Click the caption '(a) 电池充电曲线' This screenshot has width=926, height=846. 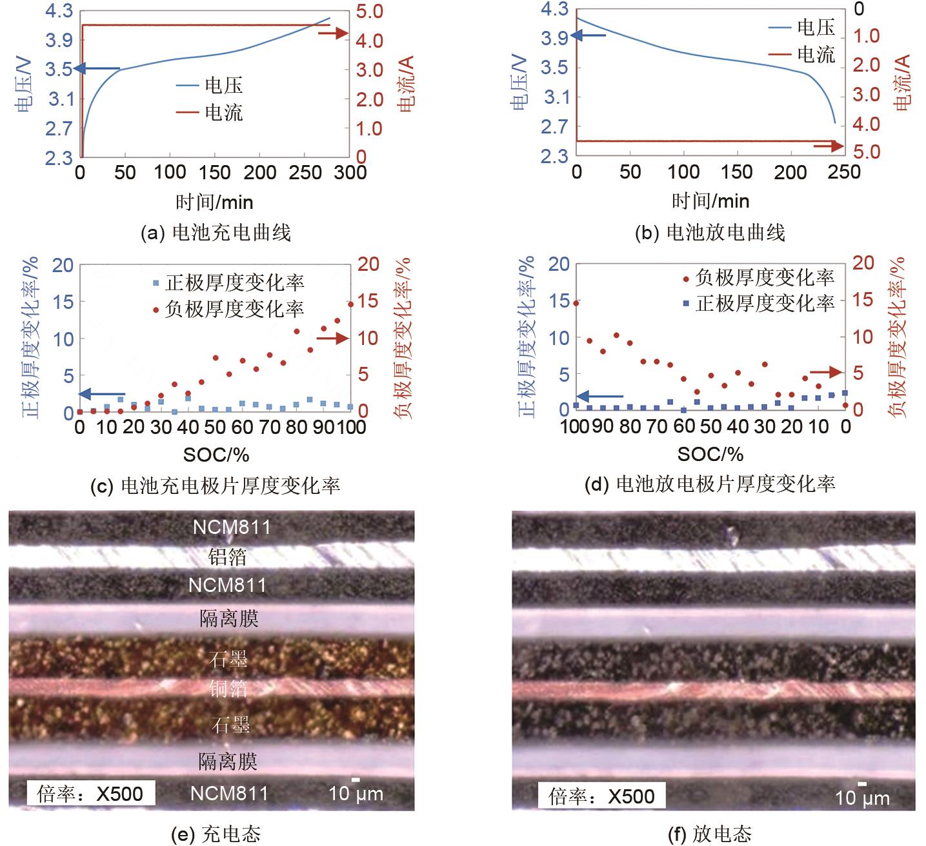click(216, 232)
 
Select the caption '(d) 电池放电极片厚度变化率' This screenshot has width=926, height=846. click(709, 483)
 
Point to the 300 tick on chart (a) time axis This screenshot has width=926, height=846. click(351, 173)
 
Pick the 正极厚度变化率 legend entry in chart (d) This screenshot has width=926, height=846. click(759, 303)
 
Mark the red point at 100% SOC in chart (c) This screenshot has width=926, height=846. click(351, 304)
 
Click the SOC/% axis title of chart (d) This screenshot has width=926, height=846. click(710, 455)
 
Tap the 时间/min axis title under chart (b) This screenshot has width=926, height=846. click(710, 201)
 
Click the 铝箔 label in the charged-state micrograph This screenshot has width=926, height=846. click(227, 556)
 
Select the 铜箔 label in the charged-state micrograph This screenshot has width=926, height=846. click(228, 688)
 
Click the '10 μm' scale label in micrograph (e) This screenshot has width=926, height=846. click(356, 793)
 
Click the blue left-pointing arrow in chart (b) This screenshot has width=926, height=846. click(589, 35)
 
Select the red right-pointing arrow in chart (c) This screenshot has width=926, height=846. click(333, 337)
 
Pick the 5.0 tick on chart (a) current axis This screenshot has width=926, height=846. click(368, 12)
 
